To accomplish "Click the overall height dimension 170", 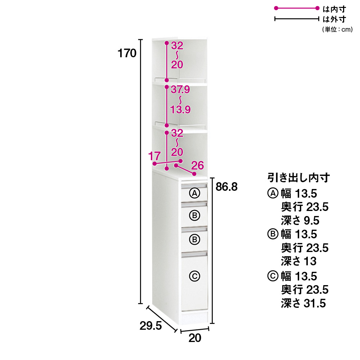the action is point(127,53).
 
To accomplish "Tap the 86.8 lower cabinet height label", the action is point(226,187).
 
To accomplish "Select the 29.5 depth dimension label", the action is point(150,326).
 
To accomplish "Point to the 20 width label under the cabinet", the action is point(195,338).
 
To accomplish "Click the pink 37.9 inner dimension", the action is point(180,90).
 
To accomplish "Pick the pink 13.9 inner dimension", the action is point(180,109).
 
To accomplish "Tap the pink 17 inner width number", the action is point(154,156).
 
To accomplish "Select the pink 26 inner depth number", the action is point(197,166).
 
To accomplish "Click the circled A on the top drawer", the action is point(195,193).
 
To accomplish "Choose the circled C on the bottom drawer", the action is point(195,276).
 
